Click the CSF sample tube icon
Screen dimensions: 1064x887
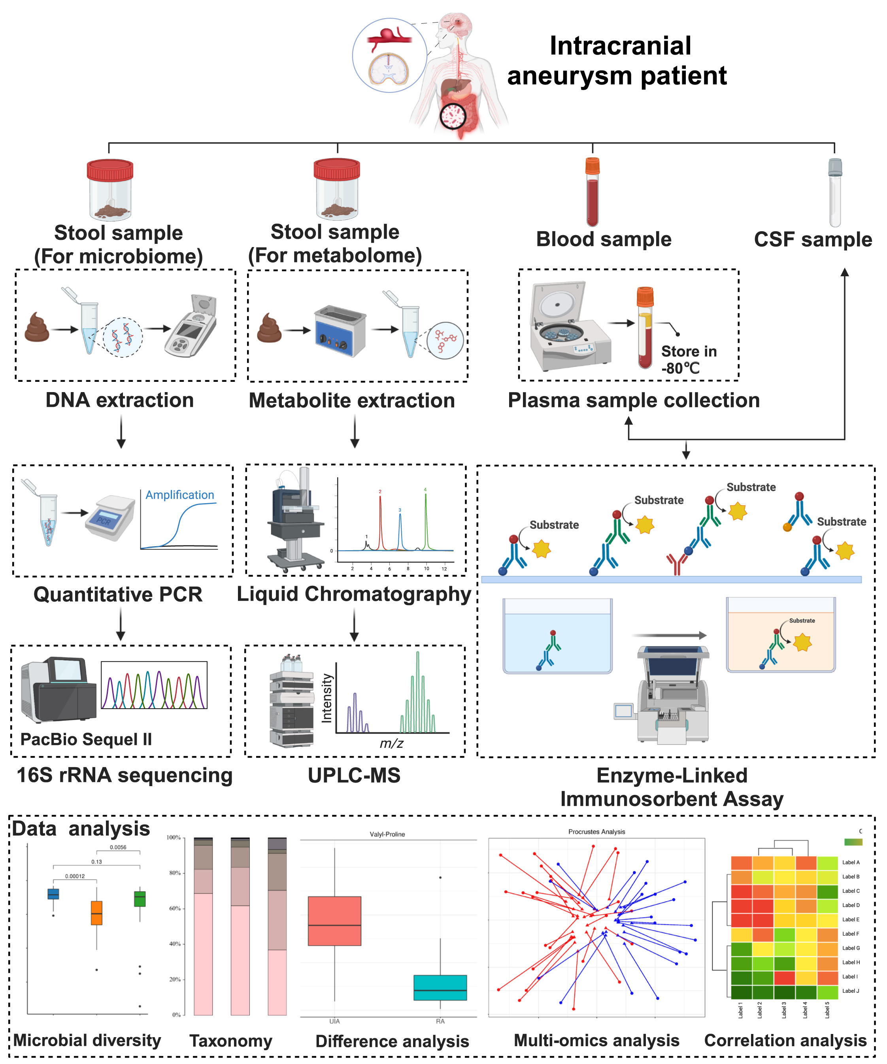coord(835,192)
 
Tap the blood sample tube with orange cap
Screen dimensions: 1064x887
coord(592,192)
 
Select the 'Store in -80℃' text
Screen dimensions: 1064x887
coord(688,360)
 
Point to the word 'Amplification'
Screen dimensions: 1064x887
coord(180,495)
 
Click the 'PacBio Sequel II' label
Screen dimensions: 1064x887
coord(86,739)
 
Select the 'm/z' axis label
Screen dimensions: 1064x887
coord(392,743)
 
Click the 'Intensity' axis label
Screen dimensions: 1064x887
coord(327,698)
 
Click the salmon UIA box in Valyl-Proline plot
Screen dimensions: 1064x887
coord(334,921)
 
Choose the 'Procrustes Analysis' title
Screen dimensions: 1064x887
coord(596,832)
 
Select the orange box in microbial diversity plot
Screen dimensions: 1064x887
coord(96,913)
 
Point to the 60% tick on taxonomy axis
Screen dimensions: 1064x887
coord(175,908)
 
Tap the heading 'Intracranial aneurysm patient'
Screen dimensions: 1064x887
coord(618,61)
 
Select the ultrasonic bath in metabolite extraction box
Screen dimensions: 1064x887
coord(340,331)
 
